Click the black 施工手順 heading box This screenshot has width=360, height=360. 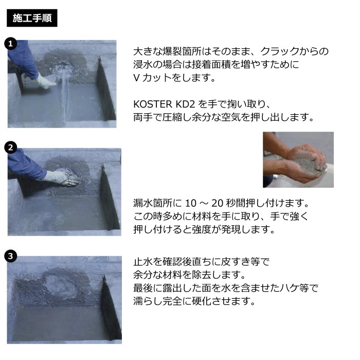click(32, 18)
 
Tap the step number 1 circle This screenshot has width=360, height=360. click(11, 44)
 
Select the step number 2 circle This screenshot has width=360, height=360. click(11, 148)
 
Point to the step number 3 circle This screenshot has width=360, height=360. click(11, 256)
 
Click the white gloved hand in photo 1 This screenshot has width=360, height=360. click(46, 81)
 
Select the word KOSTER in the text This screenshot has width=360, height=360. click(153, 104)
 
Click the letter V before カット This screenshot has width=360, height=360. click(136, 78)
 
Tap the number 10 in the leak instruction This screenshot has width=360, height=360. click(191, 203)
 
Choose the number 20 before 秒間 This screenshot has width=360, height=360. click(217, 203)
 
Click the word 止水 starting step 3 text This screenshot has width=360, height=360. click(143, 261)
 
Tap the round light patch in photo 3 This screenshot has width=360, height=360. click(60, 287)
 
